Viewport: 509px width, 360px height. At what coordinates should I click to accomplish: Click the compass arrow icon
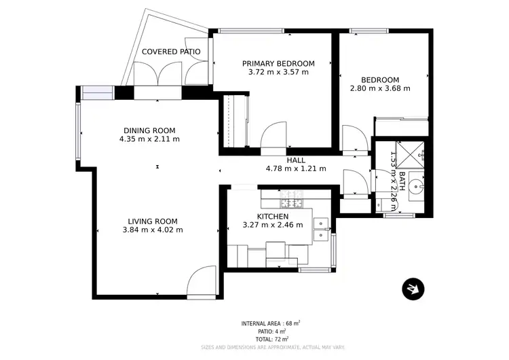[411, 289]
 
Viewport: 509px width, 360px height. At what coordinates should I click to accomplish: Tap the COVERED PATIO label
[170, 52]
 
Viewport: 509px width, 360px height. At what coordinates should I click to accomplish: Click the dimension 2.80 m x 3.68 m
[380, 88]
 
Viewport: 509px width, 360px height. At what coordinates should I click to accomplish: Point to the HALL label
[295, 160]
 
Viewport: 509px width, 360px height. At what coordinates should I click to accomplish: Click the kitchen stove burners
[292, 201]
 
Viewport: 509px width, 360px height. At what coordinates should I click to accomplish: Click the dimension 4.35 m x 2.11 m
[149, 139]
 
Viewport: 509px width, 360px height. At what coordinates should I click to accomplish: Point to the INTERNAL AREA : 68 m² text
[271, 323]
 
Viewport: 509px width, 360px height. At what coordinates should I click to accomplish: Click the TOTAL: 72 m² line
[271, 338]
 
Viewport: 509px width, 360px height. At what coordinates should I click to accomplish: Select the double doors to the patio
[157, 75]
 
